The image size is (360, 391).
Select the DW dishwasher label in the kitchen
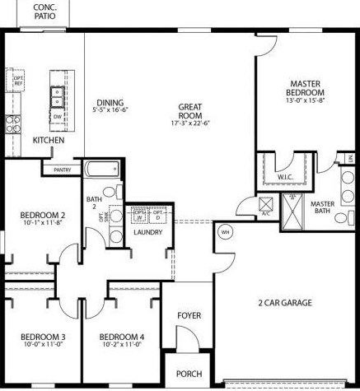pos(57,116)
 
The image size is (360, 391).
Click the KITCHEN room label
pos(48,141)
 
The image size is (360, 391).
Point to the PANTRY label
pos(62,170)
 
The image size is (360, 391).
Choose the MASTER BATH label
pos(322,208)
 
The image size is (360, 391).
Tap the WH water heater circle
pos(224,232)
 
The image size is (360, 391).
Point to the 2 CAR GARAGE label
pos(285,303)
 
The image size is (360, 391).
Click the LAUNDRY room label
pos(147,232)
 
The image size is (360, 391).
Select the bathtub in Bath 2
pos(103,173)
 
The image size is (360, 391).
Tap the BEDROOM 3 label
pos(43,337)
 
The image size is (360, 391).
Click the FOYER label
pos(189,315)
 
